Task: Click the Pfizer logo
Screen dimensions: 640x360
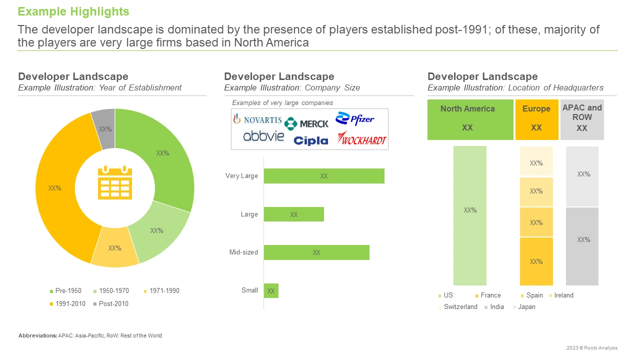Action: coord(354,118)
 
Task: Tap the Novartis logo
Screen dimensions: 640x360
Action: coord(257,119)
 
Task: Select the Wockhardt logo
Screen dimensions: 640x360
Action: coord(361,138)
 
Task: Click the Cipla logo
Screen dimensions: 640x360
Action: coord(311,140)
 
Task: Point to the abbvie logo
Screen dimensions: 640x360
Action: coord(263,136)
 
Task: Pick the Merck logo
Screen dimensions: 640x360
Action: coord(306,123)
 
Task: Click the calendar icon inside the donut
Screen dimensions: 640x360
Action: coord(115,182)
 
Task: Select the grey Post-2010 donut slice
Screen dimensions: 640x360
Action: coord(104,128)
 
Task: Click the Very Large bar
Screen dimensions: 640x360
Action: coord(324,176)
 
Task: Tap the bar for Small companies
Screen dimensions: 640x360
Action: coord(271,291)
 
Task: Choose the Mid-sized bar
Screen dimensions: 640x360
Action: coord(316,252)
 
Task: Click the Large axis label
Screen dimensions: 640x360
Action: coord(249,214)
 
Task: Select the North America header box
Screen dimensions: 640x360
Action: coord(470,119)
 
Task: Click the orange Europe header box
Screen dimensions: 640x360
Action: coord(537,119)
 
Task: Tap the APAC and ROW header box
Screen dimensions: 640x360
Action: coord(582,119)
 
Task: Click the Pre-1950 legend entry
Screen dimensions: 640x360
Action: coord(65,291)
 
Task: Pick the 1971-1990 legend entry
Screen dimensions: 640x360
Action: coord(161,291)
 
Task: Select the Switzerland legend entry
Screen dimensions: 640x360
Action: coord(457,307)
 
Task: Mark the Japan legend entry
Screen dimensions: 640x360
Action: coord(524,307)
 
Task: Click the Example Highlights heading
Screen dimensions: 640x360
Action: coord(73,11)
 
